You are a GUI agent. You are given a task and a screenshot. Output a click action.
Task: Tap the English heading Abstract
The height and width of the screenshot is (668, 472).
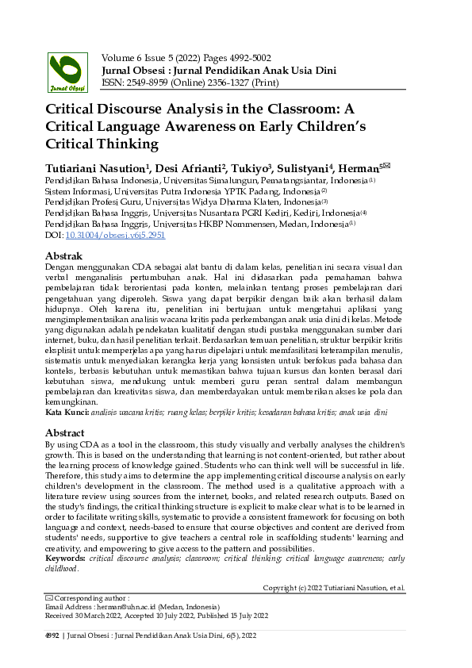tap(65, 433)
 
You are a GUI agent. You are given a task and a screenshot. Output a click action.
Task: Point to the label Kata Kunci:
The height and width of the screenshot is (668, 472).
tap(67, 413)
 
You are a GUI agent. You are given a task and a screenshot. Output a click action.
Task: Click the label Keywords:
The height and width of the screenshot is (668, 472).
tap(66, 559)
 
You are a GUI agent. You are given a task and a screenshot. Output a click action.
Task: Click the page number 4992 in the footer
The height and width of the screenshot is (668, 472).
tap(52, 636)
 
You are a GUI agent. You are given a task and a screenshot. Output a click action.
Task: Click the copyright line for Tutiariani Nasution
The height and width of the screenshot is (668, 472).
tap(334, 588)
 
